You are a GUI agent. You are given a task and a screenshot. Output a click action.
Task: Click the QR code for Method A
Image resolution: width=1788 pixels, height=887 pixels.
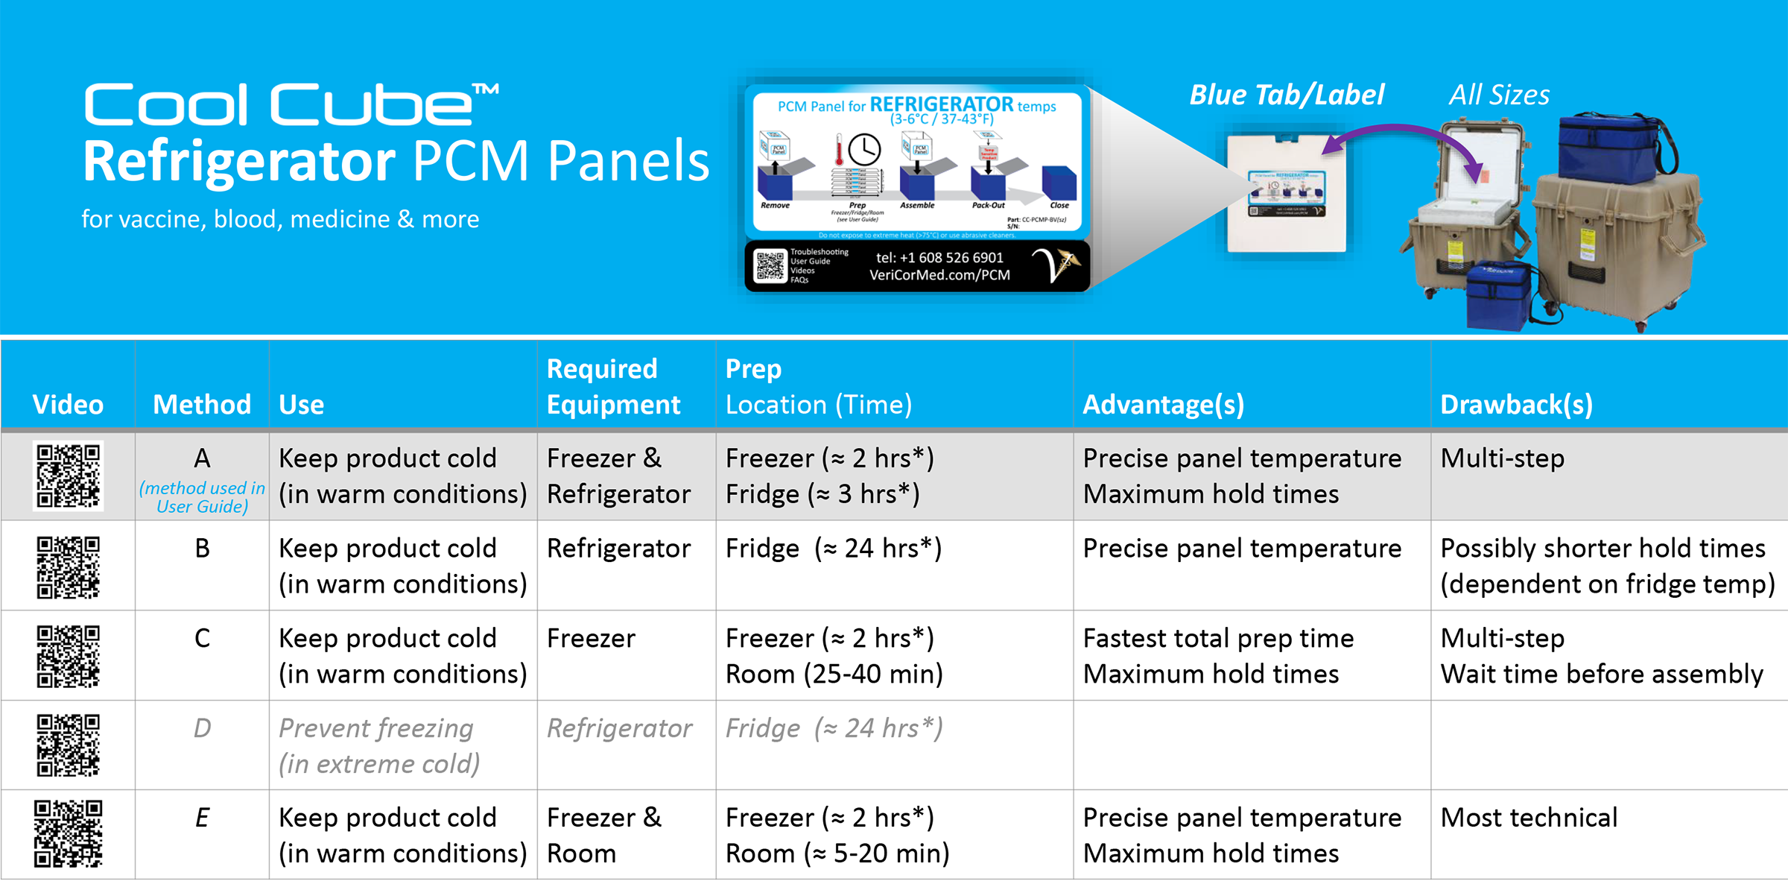coord(68,476)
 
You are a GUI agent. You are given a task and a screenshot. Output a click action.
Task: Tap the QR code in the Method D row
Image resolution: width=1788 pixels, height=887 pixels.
coord(68,745)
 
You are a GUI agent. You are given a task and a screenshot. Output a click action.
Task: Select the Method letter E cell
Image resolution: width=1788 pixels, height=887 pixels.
coord(202,818)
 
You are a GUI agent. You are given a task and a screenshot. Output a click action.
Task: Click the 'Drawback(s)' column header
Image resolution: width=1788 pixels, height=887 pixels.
coord(1516,404)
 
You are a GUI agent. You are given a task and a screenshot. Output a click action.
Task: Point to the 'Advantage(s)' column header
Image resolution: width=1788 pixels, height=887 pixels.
coord(1163,404)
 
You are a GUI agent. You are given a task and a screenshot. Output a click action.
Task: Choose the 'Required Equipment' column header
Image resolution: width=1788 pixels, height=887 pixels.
coord(613,386)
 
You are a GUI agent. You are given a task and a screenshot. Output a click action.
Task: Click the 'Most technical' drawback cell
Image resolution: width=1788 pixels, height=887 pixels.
coord(1529,818)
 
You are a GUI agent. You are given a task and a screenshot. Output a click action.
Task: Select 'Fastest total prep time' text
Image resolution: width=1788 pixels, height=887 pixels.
coord(1218,638)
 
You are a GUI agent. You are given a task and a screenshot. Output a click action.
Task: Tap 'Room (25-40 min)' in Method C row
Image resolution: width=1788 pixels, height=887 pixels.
coord(834,674)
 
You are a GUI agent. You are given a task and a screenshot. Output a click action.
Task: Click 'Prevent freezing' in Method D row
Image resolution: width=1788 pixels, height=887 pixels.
coord(375,727)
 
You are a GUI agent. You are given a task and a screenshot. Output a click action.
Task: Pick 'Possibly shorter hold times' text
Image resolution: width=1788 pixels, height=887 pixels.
coord(1602,548)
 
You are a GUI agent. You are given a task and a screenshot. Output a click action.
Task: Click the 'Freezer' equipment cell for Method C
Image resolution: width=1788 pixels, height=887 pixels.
coord(591,638)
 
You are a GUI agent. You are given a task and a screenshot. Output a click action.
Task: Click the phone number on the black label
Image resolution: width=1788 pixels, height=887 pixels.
coord(939,257)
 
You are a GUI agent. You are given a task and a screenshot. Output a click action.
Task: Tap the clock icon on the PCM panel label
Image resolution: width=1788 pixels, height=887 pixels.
coord(864,150)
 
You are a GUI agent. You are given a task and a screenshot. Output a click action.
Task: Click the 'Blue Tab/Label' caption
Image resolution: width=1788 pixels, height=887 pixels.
coord(1287,95)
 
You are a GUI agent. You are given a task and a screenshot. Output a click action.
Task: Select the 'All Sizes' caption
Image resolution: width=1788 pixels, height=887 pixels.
coord(1499,95)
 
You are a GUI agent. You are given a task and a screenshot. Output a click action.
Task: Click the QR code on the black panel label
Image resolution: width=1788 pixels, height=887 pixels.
coord(770,266)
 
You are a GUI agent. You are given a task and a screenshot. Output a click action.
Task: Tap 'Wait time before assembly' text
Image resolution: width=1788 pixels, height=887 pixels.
coord(1602,674)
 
